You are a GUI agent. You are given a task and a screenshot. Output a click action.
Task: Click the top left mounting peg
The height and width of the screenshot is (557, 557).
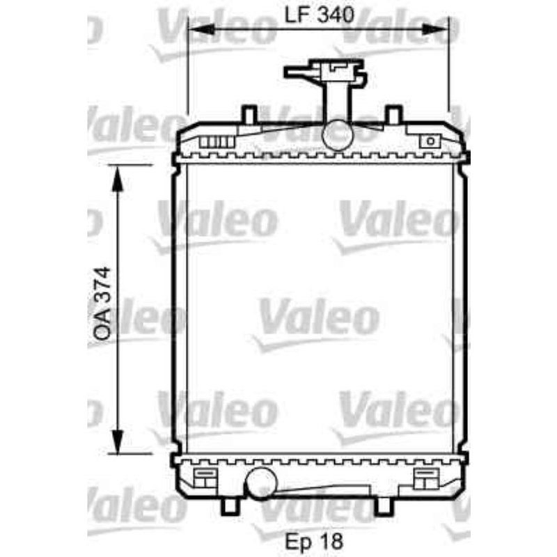(249, 113)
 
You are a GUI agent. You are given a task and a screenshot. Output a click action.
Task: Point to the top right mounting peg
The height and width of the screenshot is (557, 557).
(393, 113)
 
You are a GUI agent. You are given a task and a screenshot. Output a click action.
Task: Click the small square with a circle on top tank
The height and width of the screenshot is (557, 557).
(430, 141)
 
